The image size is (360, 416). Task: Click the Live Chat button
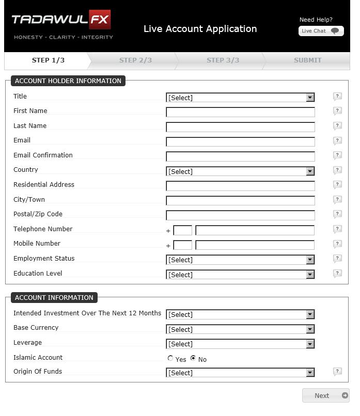[321, 31]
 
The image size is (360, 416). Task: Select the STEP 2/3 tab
[135, 60]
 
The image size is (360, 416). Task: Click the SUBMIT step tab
[307, 60]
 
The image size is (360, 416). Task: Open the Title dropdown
[240, 98]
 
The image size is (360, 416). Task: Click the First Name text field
[240, 112]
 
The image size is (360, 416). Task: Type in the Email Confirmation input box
[240, 156]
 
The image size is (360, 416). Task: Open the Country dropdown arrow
[310, 171]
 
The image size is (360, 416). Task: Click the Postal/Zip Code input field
[240, 215]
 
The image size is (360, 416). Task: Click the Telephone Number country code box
[182, 231]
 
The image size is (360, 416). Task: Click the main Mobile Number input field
[255, 245]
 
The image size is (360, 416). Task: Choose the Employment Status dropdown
[240, 260]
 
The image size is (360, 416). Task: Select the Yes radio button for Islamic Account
[170, 358]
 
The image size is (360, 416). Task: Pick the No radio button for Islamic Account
[193, 358]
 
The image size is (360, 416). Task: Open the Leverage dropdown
[240, 344]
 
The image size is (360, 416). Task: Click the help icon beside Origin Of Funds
[337, 372]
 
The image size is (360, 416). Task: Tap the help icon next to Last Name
[337, 126]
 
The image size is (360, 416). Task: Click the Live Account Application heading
[200, 29]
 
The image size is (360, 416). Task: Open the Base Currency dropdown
[240, 329]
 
